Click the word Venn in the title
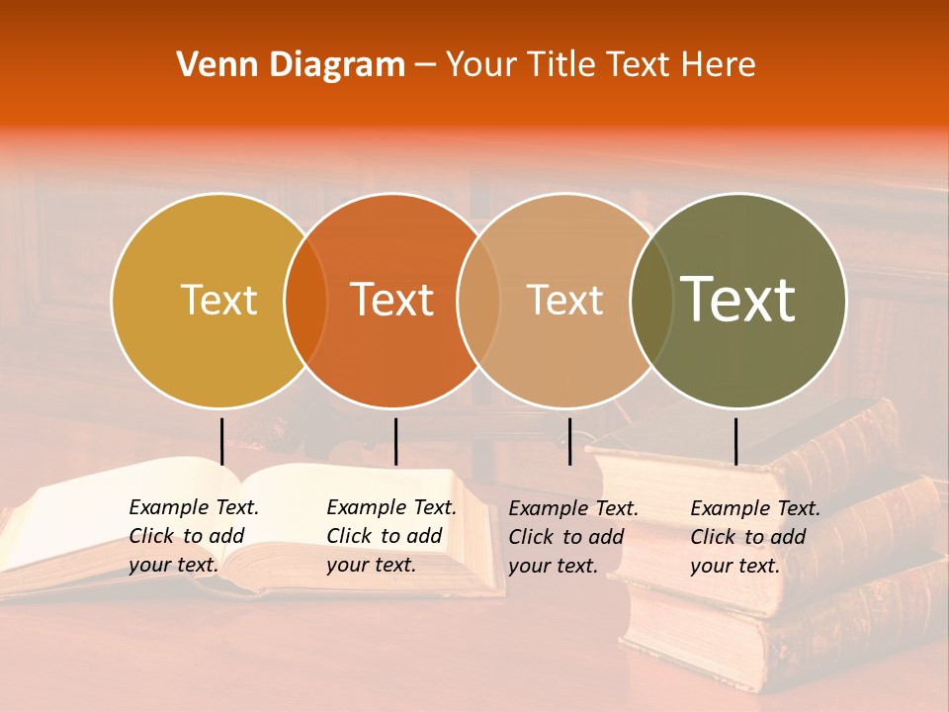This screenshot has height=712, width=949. point(211,65)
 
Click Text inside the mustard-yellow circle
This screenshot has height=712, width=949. point(218,300)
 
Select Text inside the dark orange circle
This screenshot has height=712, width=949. point(392,300)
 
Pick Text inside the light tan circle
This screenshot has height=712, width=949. point(565,300)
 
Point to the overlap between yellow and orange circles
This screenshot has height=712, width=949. point(305,301)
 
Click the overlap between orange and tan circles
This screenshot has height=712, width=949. point(478,301)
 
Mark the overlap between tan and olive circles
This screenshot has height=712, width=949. point(651,301)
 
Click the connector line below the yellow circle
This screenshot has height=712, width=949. point(221,441)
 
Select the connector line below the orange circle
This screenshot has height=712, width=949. point(395,441)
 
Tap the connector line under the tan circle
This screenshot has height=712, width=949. point(569,441)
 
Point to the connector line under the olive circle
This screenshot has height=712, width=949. point(735,441)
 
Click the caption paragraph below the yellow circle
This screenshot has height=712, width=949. point(193,536)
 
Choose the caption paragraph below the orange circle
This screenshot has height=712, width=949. point(390,536)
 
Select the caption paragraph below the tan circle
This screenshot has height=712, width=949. point(572,537)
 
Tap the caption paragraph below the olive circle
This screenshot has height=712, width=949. point(754,537)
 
